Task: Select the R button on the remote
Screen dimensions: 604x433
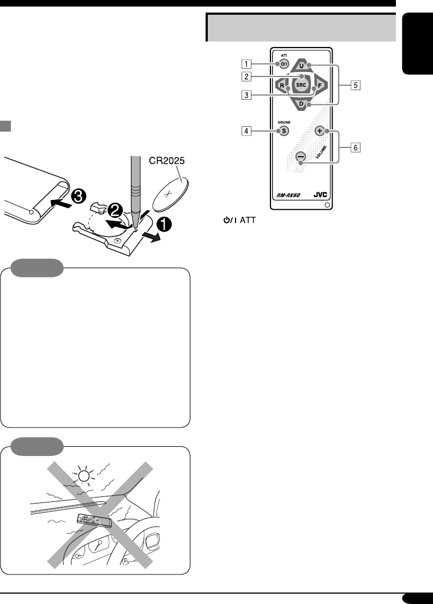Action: tap(281, 86)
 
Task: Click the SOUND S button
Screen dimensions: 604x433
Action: tap(283, 131)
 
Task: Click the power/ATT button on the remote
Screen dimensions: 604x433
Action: tap(283, 64)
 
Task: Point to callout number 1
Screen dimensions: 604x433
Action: tap(247, 64)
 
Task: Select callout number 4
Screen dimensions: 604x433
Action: tap(247, 131)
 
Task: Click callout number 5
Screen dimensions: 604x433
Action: tap(355, 85)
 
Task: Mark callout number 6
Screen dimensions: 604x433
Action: tap(355, 147)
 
